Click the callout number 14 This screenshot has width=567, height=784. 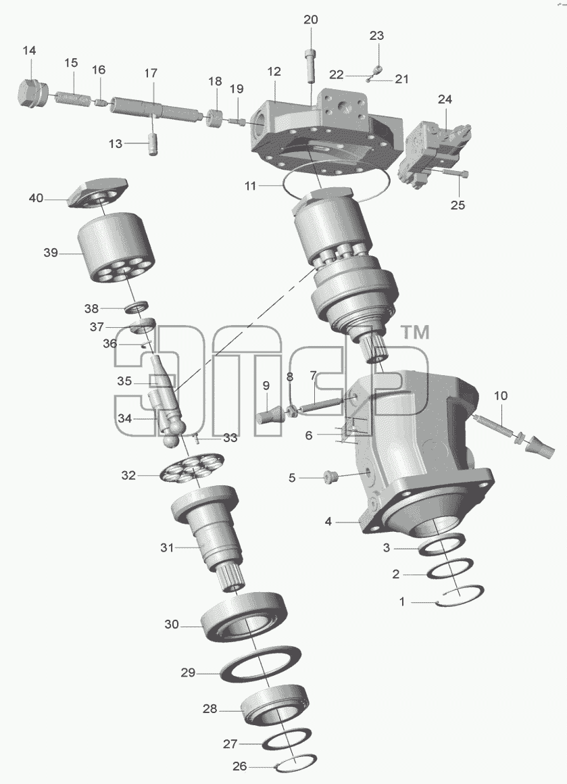click(30, 51)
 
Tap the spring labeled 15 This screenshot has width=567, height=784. click(73, 98)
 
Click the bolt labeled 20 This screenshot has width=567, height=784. click(310, 66)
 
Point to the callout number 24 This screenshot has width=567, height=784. click(445, 99)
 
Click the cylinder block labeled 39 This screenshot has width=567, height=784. click(116, 247)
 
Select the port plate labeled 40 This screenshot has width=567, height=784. click(97, 195)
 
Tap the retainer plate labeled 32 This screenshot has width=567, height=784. click(192, 469)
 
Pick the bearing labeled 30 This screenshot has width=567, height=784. click(244, 616)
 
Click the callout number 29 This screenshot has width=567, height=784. click(187, 672)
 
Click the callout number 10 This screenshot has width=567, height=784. click(501, 396)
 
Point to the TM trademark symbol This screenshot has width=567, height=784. click(416, 332)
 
